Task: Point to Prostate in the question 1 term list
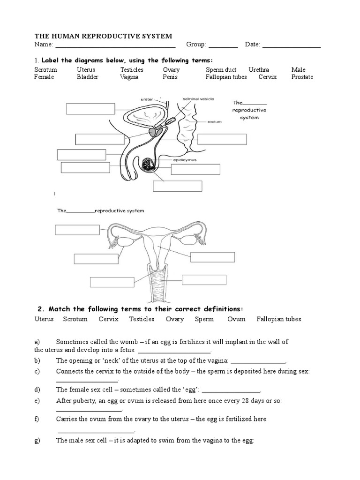click(302, 77)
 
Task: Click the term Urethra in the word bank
click(259, 70)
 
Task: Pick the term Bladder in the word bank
click(88, 77)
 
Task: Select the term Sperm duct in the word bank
click(221, 70)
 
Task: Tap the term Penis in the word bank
click(170, 77)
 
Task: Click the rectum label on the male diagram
click(214, 122)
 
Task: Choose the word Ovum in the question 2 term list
click(236, 319)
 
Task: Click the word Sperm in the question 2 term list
click(204, 319)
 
